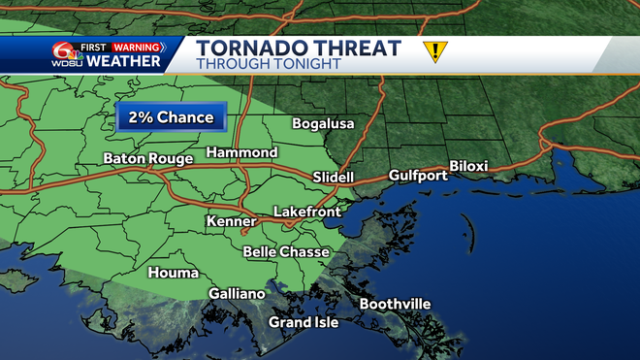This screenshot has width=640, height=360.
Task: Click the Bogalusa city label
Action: click(x=324, y=124)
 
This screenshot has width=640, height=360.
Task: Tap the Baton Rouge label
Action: click(x=144, y=158)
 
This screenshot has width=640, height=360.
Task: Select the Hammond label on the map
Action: click(x=241, y=153)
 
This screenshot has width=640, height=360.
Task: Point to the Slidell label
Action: click(x=334, y=178)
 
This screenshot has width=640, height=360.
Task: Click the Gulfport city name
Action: click(x=418, y=176)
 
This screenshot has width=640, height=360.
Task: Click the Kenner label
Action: click(x=232, y=223)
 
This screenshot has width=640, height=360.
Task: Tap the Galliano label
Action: click(x=237, y=294)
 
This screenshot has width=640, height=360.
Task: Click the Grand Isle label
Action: click(x=304, y=322)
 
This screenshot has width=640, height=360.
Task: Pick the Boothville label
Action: click(x=395, y=305)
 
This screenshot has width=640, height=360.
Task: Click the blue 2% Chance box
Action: click(x=172, y=118)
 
